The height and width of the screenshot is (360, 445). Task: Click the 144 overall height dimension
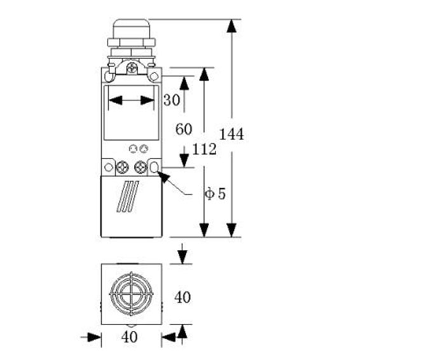click(231, 134)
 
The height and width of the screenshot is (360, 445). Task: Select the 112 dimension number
click(204, 149)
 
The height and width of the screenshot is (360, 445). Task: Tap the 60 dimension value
click(183, 129)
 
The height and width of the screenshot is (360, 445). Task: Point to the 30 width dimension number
click(171, 100)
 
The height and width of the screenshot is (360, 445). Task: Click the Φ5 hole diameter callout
click(215, 194)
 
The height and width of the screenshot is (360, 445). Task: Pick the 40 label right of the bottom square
click(183, 297)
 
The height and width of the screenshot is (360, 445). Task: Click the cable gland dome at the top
click(132, 28)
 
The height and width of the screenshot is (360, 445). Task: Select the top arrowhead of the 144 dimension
click(232, 26)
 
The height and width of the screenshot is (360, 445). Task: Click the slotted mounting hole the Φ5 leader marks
click(155, 167)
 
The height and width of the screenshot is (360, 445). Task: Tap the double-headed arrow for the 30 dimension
click(132, 100)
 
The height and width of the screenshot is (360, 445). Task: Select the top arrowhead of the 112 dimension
click(204, 74)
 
